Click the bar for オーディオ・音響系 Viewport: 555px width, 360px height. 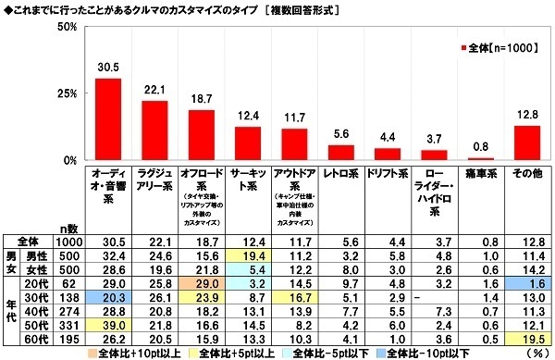[108, 119]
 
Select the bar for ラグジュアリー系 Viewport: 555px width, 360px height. [154, 130]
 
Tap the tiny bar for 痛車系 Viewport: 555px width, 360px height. [480, 159]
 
